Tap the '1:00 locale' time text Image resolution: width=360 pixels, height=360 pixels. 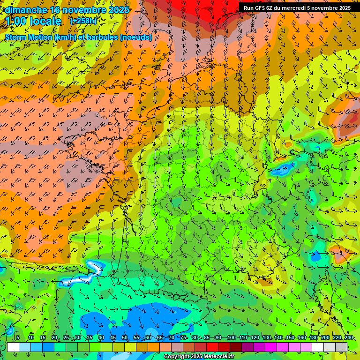pos(34,21)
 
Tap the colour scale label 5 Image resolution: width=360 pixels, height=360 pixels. pos(17,338)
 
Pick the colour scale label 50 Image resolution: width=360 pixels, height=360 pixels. pos(125,338)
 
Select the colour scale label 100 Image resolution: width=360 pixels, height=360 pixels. pos(231,338)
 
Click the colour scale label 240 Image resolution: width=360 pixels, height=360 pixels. pos(349,338)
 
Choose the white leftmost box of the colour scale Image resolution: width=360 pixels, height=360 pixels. pos(13,347)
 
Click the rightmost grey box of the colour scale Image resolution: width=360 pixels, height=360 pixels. pos(341,347)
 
